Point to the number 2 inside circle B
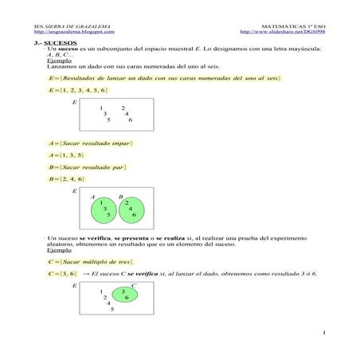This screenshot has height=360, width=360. click(x=127, y=202)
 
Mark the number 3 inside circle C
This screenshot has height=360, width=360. click(x=123, y=292)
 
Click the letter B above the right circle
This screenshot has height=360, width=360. click(x=120, y=196)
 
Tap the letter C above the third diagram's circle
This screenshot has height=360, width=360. click(x=134, y=284)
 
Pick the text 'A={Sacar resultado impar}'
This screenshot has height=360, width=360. click(x=90, y=143)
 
